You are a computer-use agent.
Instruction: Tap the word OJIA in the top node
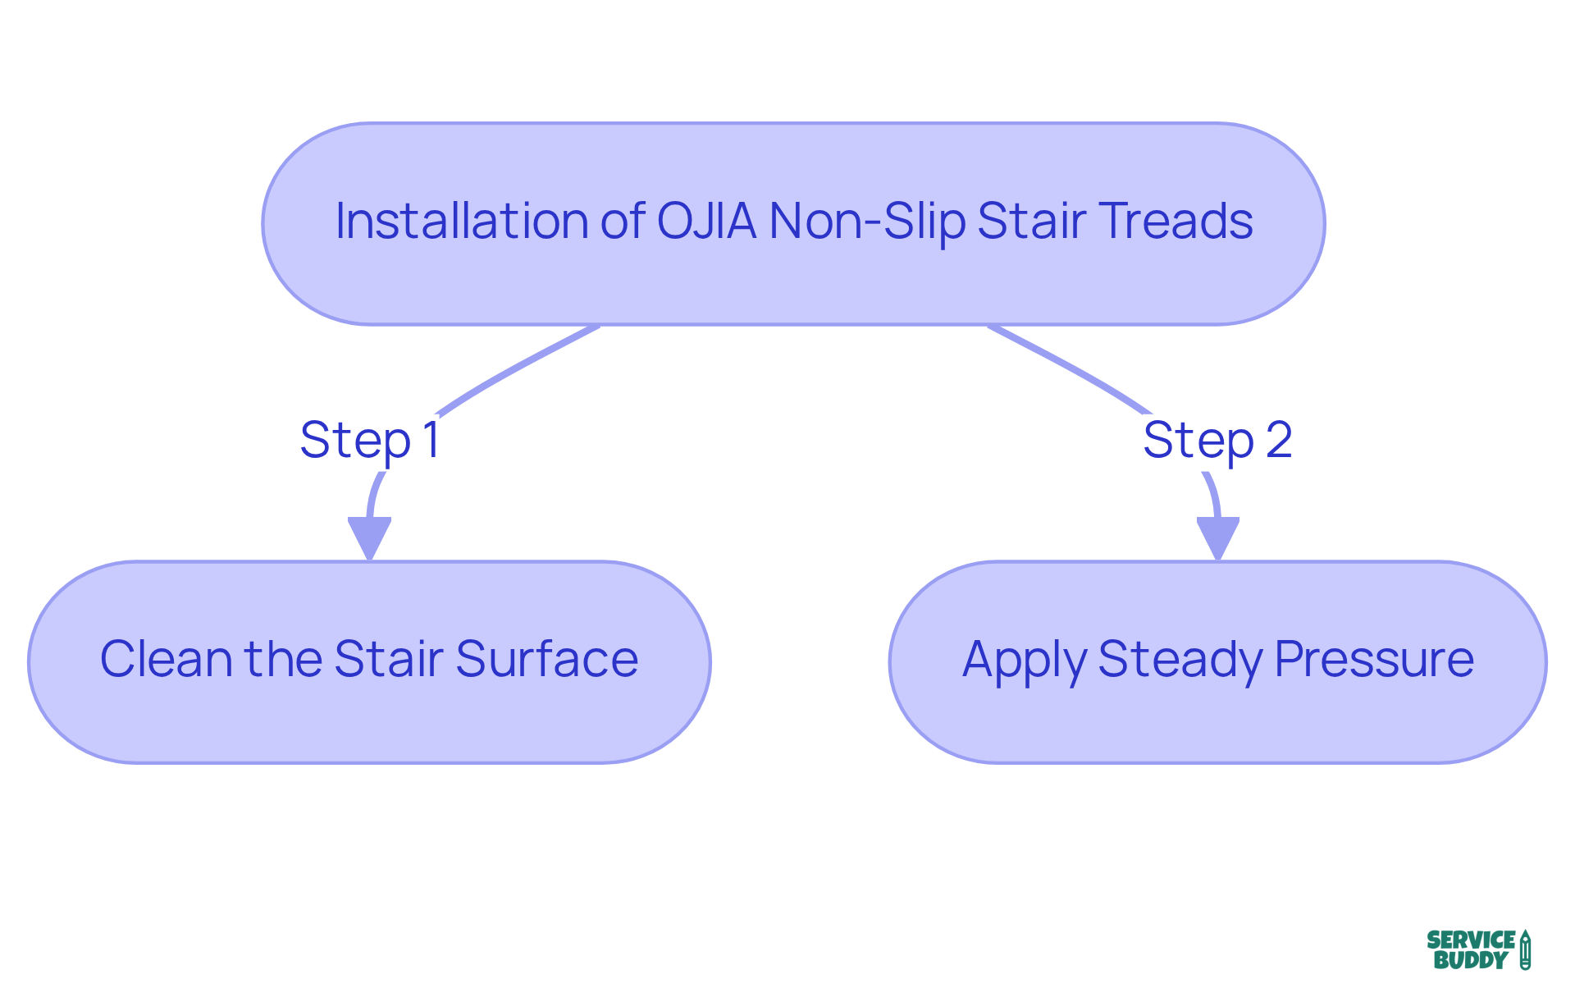(x=706, y=222)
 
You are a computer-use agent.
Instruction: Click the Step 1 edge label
(x=370, y=441)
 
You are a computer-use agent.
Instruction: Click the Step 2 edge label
(x=1217, y=441)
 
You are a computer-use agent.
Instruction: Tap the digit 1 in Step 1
(x=431, y=440)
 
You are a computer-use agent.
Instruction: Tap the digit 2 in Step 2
(x=1279, y=440)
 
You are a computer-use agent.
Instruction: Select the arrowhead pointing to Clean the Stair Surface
(x=369, y=537)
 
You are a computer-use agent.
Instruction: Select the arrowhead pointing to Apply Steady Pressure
(x=1218, y=537)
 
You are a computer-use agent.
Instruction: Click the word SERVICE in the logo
(x=1471, y=940)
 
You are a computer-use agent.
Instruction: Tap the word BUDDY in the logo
(x=1471, y=960)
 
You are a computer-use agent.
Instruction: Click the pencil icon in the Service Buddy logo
(x=1525, y=950)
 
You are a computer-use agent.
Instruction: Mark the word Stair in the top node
(x=1032, y=222)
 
